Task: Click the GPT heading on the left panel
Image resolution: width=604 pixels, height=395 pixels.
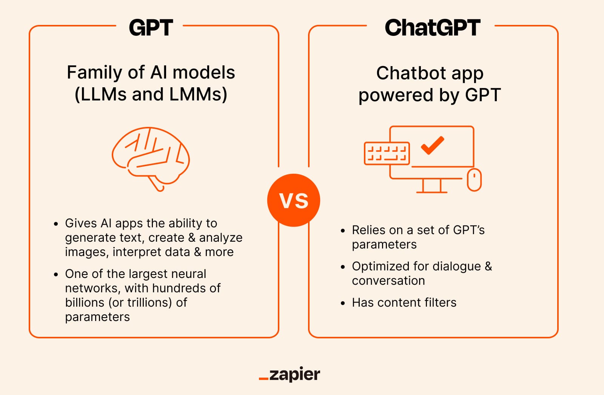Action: click(x=151, y=28)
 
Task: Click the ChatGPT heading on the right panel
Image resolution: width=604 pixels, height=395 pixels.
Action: click(x=432, y=28)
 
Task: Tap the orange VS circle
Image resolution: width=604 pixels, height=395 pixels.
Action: click(x=293, y=200)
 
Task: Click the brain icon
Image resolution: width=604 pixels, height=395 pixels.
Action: click(x=151, y=157)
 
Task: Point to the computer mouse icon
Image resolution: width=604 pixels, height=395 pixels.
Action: click(x=474, y=180)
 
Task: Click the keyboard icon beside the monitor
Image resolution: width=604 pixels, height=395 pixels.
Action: click(x=387, y=153)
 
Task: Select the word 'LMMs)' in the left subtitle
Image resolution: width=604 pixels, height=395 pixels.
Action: click(x=198, y=94)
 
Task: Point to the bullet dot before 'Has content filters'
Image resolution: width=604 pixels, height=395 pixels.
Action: click(x=343, y=303)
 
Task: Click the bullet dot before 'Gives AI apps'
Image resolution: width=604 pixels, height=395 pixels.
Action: click(x=56, y=224)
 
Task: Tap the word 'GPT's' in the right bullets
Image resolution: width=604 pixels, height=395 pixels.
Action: click(x=468, y=230)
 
